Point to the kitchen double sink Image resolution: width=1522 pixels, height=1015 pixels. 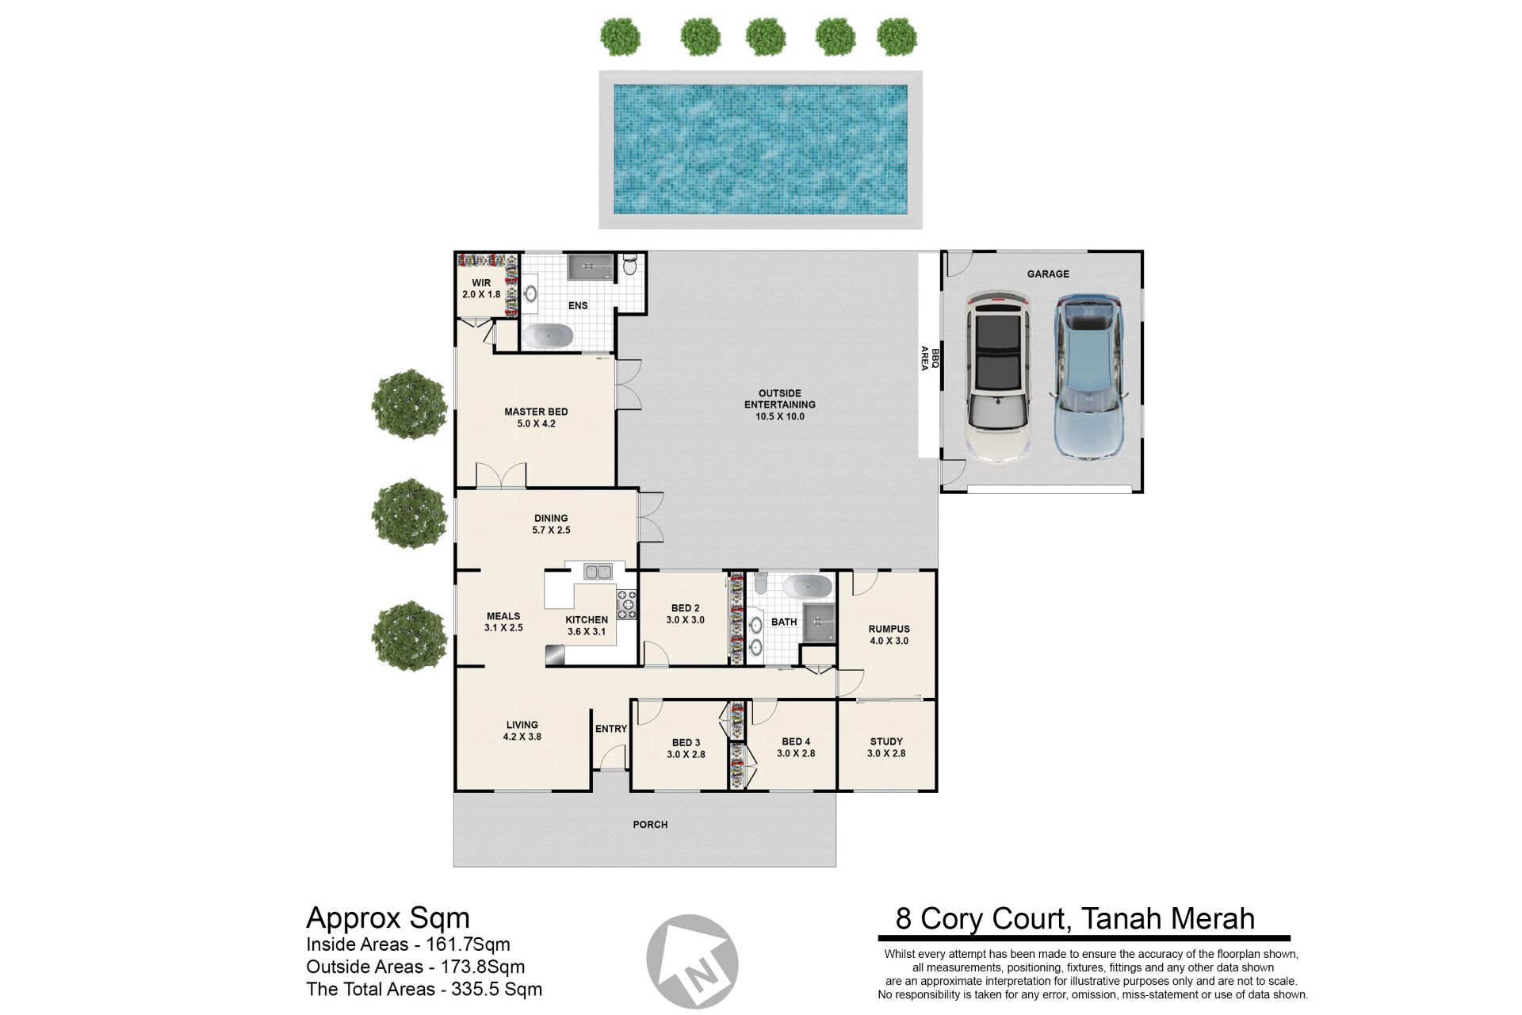[598, 571]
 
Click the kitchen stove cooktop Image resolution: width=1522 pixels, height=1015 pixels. [627, 604]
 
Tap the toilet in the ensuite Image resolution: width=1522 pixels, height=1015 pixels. [630, 264]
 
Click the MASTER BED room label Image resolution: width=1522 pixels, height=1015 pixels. [536, 412]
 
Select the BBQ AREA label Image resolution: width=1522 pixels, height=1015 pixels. [929, 358]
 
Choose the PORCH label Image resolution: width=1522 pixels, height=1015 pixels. [650, 825]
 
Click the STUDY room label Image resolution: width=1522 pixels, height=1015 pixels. [886, 742]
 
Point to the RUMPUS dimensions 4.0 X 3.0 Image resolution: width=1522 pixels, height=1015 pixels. [889, 641]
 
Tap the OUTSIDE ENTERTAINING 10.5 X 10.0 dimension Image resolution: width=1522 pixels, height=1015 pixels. [780, 416]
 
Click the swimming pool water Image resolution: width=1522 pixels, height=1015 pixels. [761, 150]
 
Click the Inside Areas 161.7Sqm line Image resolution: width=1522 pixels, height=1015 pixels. [408, 944]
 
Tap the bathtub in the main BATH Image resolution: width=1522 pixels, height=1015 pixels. [808, 587]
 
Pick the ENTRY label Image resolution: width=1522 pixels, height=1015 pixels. [611, 729]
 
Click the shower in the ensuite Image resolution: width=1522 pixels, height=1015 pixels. [590, 267]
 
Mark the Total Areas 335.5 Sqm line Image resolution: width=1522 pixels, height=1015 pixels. [424, 989]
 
